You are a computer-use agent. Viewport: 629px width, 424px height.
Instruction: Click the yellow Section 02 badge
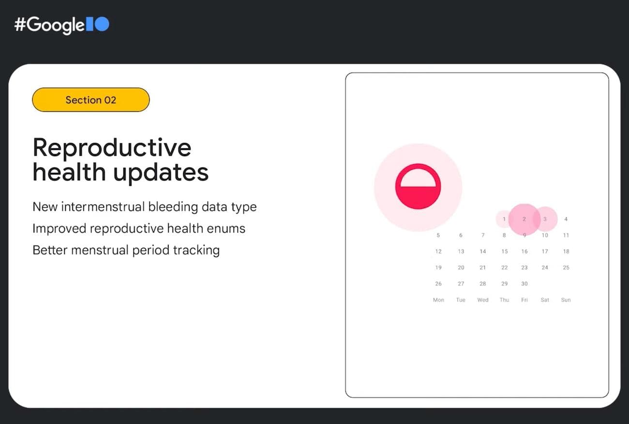pyautogui.click(x=90, y=100)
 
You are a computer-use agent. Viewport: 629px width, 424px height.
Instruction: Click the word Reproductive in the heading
pyautogui.click(x=112, y=147)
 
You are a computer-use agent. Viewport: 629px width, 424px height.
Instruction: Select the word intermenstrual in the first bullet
pyautogui.click(x=98, y=207)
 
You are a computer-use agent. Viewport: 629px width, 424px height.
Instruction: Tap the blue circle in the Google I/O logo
pyautogui.click(x=102, y=24)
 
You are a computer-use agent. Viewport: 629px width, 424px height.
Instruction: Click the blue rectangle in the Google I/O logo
pyautogui.click(x=89, y=24)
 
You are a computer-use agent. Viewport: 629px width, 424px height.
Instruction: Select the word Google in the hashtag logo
pyautogui.click(x=55, y=25)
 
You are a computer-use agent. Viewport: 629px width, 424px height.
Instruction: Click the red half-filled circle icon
pyautogui.click(x=418, y=187)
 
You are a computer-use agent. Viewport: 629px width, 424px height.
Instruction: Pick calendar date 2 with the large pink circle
pyautogui.click(x=524, y=219)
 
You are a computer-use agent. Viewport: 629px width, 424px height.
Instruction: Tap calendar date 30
pyautogui.click(x=524, y=284)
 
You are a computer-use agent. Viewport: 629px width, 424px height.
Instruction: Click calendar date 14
pyautogui.click(x=483, y=251)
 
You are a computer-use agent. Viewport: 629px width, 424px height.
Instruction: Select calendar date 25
pyautogui.click(x=566, y=267)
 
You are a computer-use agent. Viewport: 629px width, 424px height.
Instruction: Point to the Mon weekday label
pyautogui.click(x=438, y=300)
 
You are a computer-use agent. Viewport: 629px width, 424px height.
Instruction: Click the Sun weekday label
pyautogui.click(x=566, y=300)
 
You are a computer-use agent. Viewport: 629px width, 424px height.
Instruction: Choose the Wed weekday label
pyautogui.click(x=483, y=300)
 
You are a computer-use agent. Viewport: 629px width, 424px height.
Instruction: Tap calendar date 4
pyautogui.click(x=566, y=219)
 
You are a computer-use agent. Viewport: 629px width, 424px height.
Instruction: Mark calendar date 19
pyautogui.click(x=438, y=267)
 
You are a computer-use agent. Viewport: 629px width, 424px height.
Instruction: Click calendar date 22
pyautogui.click(x=505, y=267)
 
